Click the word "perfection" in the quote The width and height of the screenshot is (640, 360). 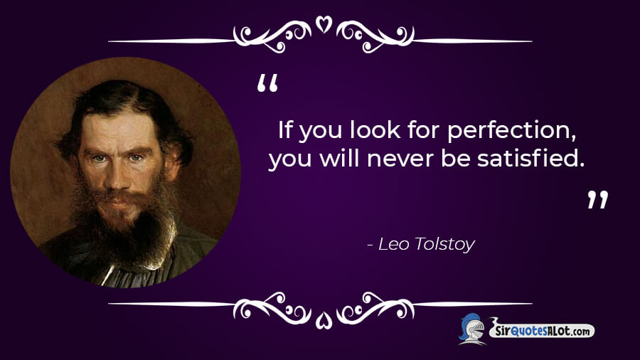(512, 131)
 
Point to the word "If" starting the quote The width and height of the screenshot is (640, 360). (285, 130)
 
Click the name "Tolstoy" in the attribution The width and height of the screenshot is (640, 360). (445, 245)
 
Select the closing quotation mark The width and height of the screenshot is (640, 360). (597, 200)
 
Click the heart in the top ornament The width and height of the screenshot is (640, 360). (324, 24)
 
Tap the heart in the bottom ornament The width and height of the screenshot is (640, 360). (324, 320)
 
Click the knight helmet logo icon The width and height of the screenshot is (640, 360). (472, 329)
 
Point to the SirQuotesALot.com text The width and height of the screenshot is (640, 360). (543, 330)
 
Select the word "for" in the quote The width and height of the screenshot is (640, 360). (424, 130)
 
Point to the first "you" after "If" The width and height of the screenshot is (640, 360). (321, 132)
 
